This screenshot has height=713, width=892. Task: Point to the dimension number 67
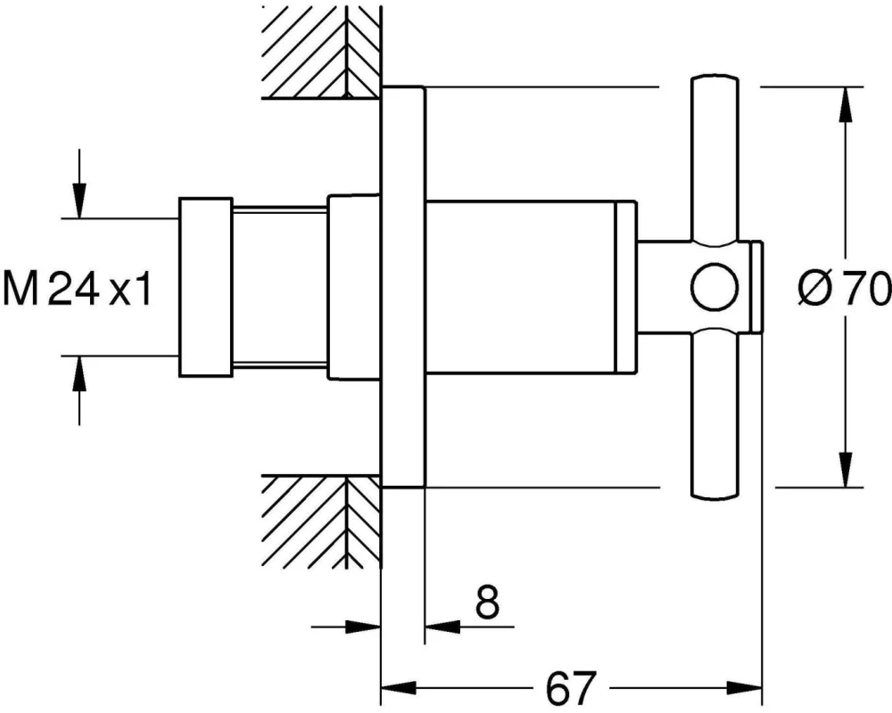[x=571, y=687]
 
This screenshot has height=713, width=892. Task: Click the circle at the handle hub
[x=714, y=287]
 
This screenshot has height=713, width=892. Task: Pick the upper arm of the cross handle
[x=714, y=160]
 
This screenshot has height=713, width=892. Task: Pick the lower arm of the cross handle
[x=714, y=414]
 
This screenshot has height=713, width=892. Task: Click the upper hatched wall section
[x=321, y=51]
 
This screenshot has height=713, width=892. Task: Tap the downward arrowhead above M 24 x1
[x=79, y=200]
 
